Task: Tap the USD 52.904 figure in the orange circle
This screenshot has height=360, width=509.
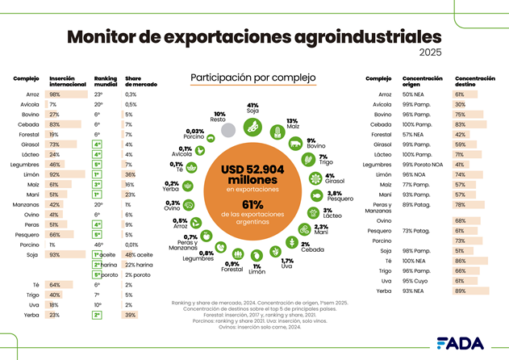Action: click(252, 170)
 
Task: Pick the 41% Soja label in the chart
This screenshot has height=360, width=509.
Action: click(252, 107)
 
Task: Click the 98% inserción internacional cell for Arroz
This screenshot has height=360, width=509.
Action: click(56, 94)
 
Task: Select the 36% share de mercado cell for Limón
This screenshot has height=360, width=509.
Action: click(131, 174)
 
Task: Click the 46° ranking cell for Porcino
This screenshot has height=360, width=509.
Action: click(98, 244)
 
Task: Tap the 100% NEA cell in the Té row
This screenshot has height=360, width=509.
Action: click(415, 262)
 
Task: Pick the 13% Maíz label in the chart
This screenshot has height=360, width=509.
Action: click(292, 123)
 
